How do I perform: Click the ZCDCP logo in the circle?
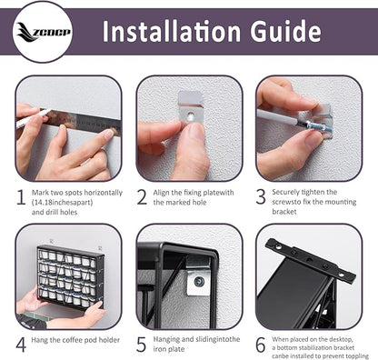coord(43,32)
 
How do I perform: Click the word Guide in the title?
coord(285,31)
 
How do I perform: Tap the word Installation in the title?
coord(172,31)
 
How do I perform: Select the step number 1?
coord(21,197)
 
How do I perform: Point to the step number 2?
coord(142,197)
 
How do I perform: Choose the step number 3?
coord(261,196)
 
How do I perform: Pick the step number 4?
coord(21,345)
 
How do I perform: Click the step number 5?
coord(141,344)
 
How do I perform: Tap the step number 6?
coord(261,345)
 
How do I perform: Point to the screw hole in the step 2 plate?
coord(191,115)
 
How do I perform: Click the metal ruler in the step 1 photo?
coord(81,120)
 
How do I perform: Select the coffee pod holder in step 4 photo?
coord(71,278)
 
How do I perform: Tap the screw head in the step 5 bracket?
coord(199,282)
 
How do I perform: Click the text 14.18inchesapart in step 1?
coord(62,203)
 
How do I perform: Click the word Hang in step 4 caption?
coord(39,340)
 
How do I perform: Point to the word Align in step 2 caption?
coord(161,193)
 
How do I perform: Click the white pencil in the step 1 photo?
coord(34,118)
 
